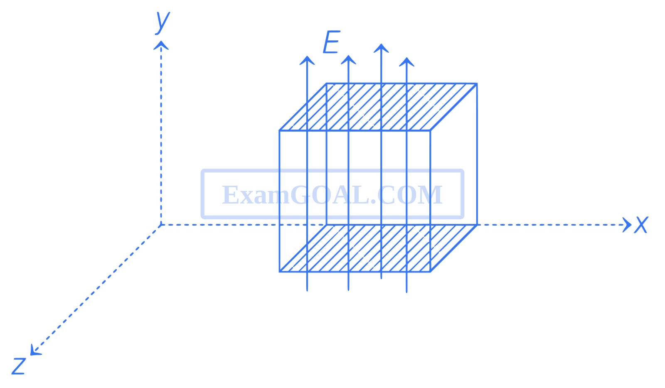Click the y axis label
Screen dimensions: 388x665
pyautogui.click(x=162, y=22)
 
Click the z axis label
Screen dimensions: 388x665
pyautogui.click(x=18, y=366)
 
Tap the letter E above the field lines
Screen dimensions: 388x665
pyautogui.click(x=331, y=43)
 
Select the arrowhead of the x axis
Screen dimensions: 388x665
pyautogui.click(x=628, y=225)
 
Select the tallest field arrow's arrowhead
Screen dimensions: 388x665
pyautogui.click(x=381, y=47)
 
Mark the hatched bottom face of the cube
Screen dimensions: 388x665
pyautogui.click(x=376, y=248)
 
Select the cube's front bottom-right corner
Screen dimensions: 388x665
pyautogui.click(x=430, y=272)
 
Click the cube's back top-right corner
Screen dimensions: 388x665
pyautogui.click(x=477, y=83)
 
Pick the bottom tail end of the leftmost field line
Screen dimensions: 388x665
pyautogui.click(x=307, y=290)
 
